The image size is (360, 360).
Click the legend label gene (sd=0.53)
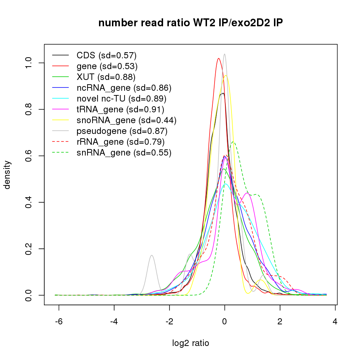(107, 66)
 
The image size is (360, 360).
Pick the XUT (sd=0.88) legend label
(106, 77)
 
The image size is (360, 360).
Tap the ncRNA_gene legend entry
(124, 88)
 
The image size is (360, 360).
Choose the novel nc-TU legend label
(121, 99)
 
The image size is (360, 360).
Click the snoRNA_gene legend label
(126, 120)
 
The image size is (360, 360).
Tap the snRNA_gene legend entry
(124, 153)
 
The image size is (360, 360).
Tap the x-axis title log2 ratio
(190, 343)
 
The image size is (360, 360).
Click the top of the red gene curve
(219, 58)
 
